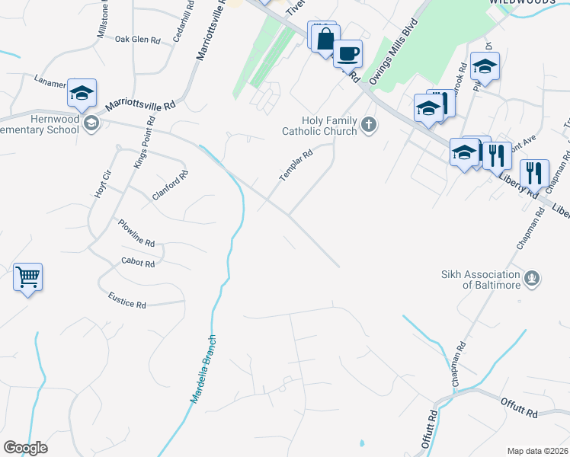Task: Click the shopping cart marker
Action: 28,276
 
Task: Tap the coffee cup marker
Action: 347,53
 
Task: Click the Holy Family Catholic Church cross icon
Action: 369,124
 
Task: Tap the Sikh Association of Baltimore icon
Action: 533,279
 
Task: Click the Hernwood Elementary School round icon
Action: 91,123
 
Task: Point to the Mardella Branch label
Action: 203,369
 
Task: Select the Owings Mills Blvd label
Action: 394,53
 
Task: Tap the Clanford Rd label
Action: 170,185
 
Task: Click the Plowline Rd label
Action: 136,232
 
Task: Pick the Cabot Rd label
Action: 138,263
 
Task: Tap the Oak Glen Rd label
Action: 138,40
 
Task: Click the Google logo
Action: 25,448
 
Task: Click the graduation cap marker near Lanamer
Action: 82,92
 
